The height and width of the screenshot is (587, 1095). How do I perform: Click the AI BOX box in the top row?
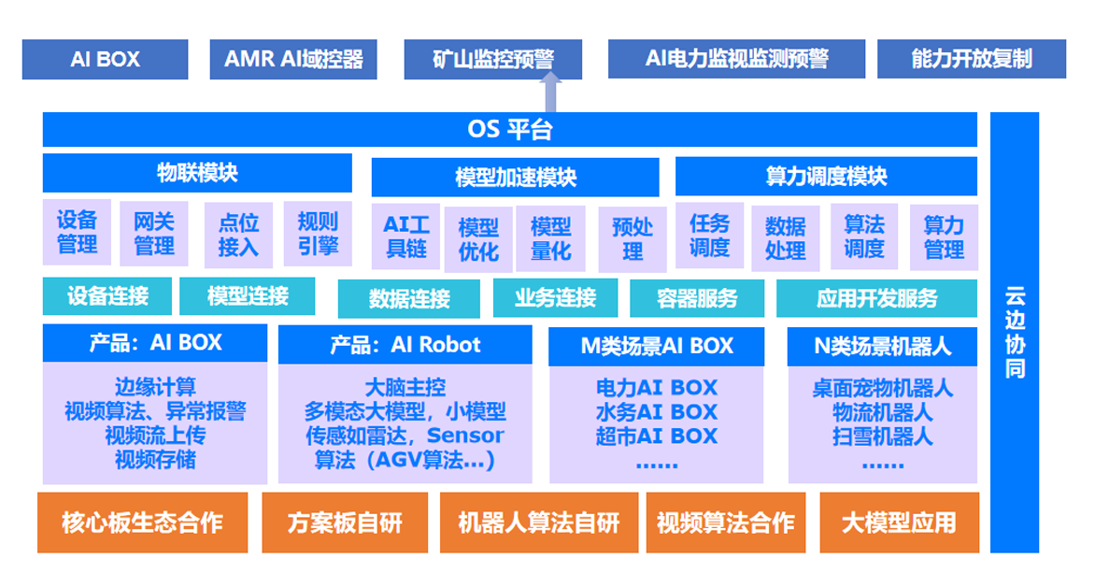105,59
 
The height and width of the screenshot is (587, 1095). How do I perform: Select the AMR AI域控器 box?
293,59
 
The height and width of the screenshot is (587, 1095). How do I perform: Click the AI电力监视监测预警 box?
736,59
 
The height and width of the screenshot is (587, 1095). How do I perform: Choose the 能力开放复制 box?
971,59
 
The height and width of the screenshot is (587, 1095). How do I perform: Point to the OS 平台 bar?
509,130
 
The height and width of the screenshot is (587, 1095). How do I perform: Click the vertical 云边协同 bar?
1015,332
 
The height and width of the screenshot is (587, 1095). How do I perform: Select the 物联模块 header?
197,173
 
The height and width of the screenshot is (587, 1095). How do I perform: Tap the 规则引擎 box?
318,234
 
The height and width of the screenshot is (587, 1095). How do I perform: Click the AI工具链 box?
406,236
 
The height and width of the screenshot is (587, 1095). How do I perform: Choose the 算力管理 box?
944,237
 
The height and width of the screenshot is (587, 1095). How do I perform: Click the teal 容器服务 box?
697,299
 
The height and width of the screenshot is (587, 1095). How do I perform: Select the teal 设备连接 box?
107,297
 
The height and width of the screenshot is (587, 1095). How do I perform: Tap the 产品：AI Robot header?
405,345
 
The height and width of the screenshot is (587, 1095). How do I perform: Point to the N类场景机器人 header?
882,347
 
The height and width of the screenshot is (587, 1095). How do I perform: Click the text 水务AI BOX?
656,411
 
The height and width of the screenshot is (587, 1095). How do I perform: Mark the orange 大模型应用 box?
899,523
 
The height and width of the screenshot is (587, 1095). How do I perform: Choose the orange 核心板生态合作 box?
142,523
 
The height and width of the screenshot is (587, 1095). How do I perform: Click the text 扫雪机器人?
882,436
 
